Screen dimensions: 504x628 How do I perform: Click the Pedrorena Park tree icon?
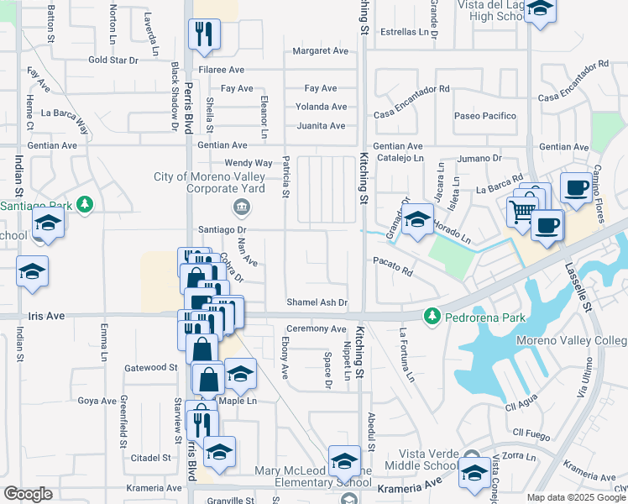click(432, 316)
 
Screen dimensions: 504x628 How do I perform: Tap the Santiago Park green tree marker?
click(84, 204)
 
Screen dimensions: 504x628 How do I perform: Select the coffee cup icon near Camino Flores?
click(577, 188)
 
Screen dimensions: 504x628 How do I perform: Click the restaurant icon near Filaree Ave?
click(204, 33)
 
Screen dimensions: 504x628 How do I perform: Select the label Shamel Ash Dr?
click(317, 302)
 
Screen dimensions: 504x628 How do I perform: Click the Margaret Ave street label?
click(320, 51)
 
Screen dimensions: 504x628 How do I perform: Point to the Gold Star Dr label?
click(113, 60)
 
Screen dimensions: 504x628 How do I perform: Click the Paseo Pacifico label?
click(484, 115)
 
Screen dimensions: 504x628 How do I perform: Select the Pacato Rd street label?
click(393, 272)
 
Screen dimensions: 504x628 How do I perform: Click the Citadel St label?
click(151, 458)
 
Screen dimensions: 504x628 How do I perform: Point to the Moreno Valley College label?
click(576, 340)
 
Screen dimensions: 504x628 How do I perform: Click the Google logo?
click(28, 494)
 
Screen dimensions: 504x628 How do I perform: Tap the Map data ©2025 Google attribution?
click(576, 497)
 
